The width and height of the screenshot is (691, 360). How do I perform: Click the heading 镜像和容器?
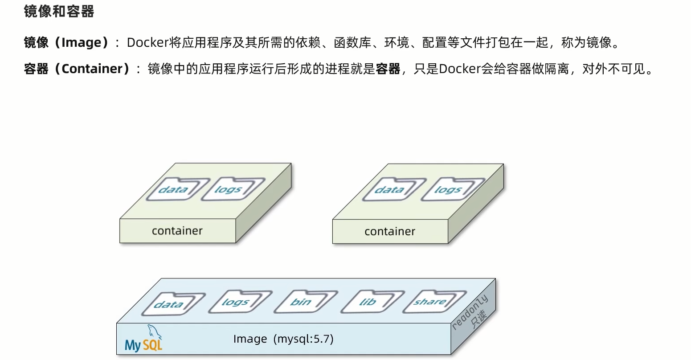pyautogui.click(x=59, y=12)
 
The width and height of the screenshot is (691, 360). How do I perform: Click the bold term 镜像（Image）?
pyautogui.click(x=66, y=42)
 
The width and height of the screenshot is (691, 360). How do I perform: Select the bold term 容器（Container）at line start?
pyautogui.click(x=77, y=69)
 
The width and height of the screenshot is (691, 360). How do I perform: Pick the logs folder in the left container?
pyautogui.click(x=230, y=189)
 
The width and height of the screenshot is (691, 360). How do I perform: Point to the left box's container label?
pyautogui.click(x=177, y=231)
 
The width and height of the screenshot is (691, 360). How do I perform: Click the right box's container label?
pyautogui.click(x=389, y=232)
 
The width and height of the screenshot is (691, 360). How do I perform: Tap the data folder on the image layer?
pyautogui.click(x=171, y=304)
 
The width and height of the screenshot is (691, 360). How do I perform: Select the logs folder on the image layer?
pyautogui.click(x=237, y=302)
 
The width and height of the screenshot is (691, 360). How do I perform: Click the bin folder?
pyautogui.click(x=303, y=302)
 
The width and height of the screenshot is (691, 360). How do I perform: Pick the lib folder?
pyautogui.click(x=370, y=302)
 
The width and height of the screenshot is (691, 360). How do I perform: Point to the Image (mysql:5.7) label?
pyautogui.click(x=283, y=339)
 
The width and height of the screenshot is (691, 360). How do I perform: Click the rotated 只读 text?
pyautogui.click(x=479, y=320)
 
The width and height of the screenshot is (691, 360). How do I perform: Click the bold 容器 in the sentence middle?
pyautogui.click(x=388, y=69)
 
